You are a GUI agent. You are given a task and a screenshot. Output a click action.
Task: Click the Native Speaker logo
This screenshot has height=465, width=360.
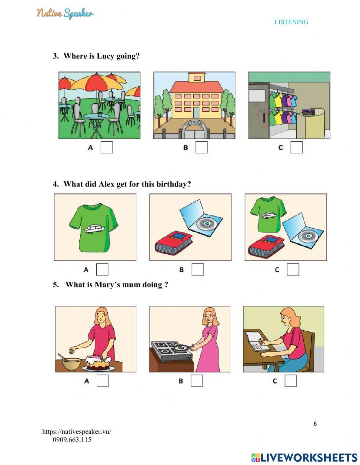(65, 13)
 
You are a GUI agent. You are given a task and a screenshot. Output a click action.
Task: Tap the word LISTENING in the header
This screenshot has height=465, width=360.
(291, 22)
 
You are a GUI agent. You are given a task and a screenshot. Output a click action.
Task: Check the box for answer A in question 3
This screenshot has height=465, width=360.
(107, 147)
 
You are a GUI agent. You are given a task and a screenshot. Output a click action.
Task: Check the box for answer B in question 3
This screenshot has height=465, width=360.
(201, 147)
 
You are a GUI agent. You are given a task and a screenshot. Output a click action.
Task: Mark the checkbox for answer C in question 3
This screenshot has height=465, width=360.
(296, 147)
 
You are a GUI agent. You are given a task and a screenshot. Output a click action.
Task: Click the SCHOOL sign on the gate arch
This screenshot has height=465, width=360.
(194, 124)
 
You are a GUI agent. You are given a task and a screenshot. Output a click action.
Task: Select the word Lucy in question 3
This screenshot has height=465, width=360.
(105, 56)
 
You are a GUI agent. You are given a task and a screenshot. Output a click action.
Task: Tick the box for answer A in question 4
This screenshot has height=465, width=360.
(102, 269)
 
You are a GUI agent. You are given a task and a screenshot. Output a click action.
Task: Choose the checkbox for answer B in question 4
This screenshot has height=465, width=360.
(198, 269)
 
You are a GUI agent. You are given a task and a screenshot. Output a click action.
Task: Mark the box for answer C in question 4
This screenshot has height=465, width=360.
(293, 269)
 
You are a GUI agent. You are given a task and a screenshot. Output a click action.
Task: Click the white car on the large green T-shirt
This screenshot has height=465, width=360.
(94, 229)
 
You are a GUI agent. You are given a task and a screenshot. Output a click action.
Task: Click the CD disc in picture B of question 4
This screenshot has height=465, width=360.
(207, 224)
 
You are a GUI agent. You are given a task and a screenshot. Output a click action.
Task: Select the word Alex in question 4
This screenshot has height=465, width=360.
(107, 184)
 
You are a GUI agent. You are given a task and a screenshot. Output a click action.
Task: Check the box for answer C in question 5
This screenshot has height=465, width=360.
(291, 381)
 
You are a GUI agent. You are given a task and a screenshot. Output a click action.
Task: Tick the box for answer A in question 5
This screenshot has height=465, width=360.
(103, 381)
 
